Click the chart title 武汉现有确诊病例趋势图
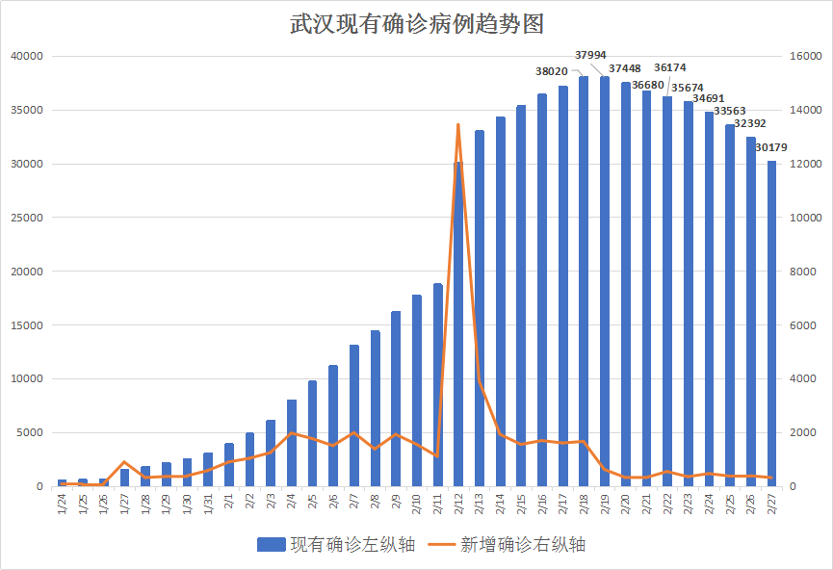(416, 23)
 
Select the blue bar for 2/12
(458, 327)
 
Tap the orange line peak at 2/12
(458, 125)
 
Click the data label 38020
(552, 71)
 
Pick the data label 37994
(590, 55)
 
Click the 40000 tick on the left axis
(28, 57)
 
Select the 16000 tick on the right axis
(805, 57)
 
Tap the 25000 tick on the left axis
(28, 218)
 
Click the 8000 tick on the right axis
(802, 272)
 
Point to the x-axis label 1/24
(63, 505)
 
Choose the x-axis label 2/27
(771, 505)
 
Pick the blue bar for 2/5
(312, 433)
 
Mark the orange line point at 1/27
(124, 462)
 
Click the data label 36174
(670, 68)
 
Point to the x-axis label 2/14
(501, 505)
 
